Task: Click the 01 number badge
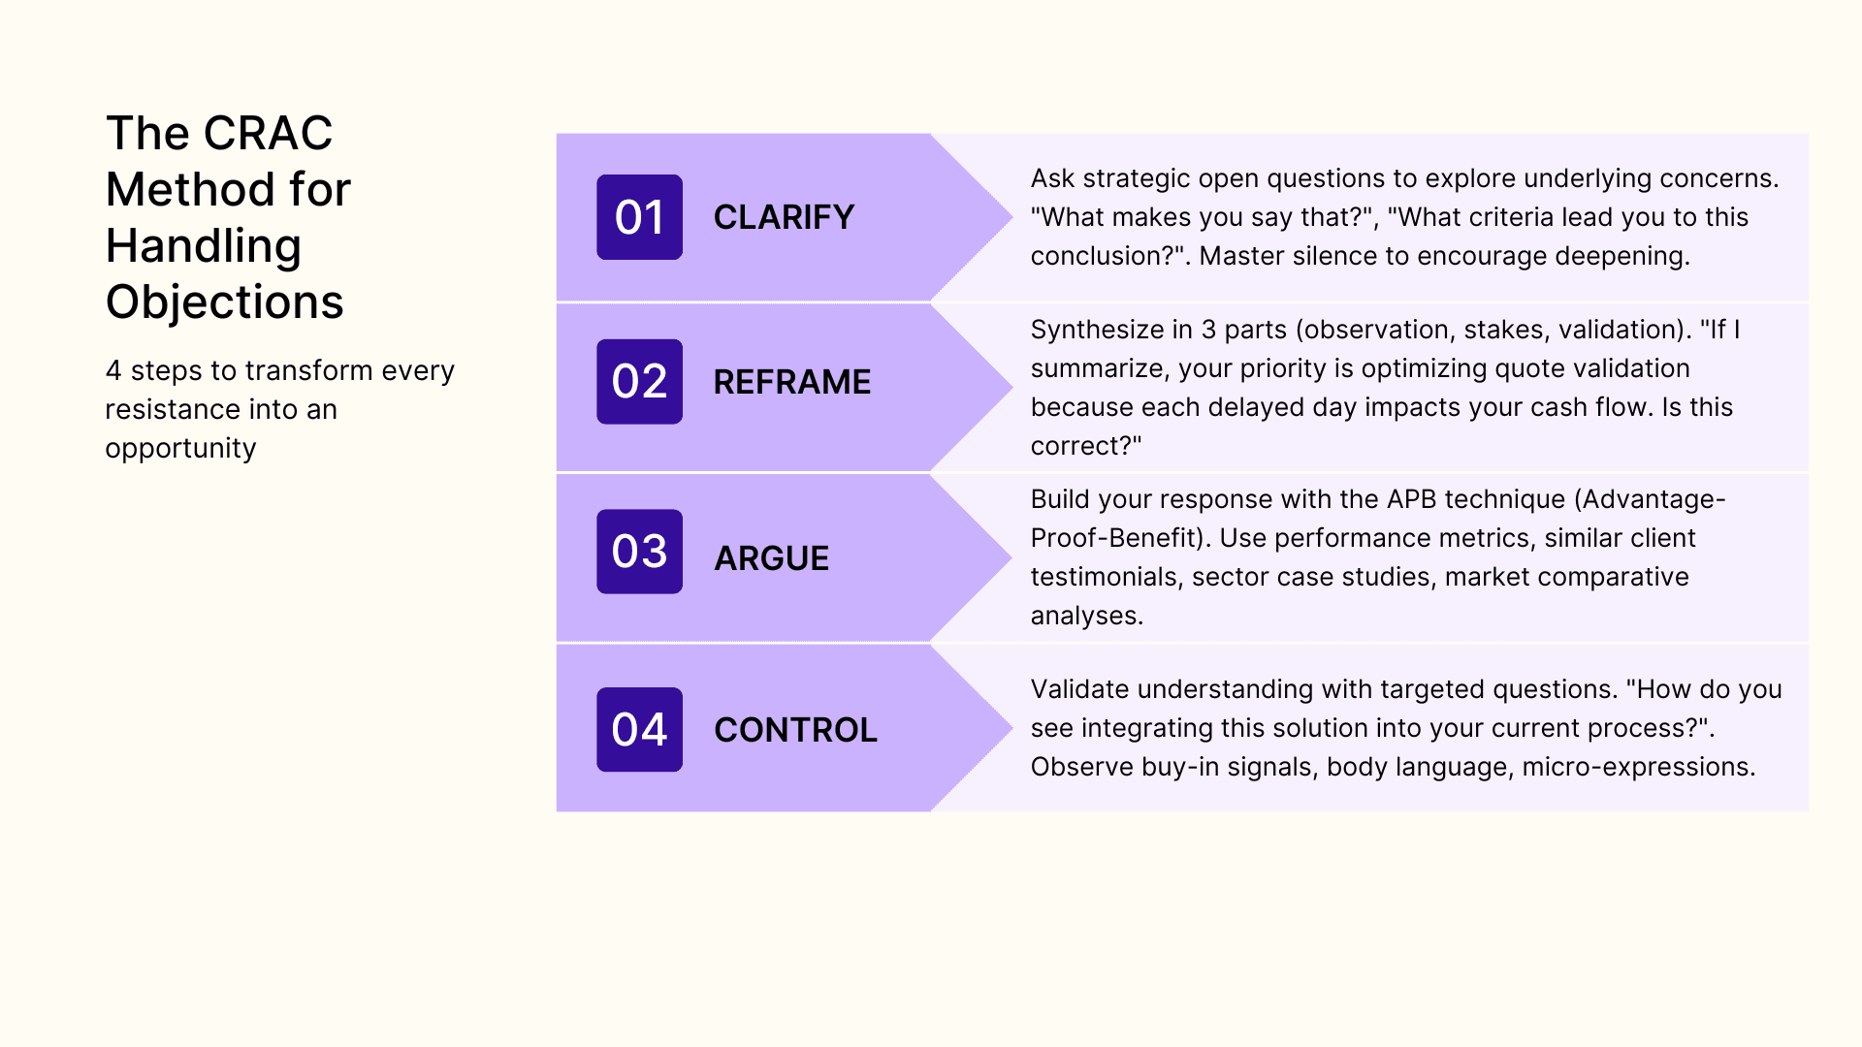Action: click(x=639, y=217)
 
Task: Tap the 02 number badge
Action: click(x=639, y=382)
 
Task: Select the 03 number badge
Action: click(x=639, y=552)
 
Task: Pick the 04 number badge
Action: click(x=639, y=730)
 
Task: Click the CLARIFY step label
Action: click(x=784, y=217)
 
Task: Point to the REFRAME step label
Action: click(x=791, y=382)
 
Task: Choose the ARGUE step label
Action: click(x=771, y=558)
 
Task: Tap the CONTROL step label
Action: click(x=795, y=730)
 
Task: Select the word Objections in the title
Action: click(x=224, y=301)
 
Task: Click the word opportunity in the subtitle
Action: click(x=180, y=449)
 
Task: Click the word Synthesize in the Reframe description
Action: click(x=1097, y=330)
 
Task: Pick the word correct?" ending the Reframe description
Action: click(x=1085, y=446)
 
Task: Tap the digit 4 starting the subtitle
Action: click(x=113, y=371)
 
